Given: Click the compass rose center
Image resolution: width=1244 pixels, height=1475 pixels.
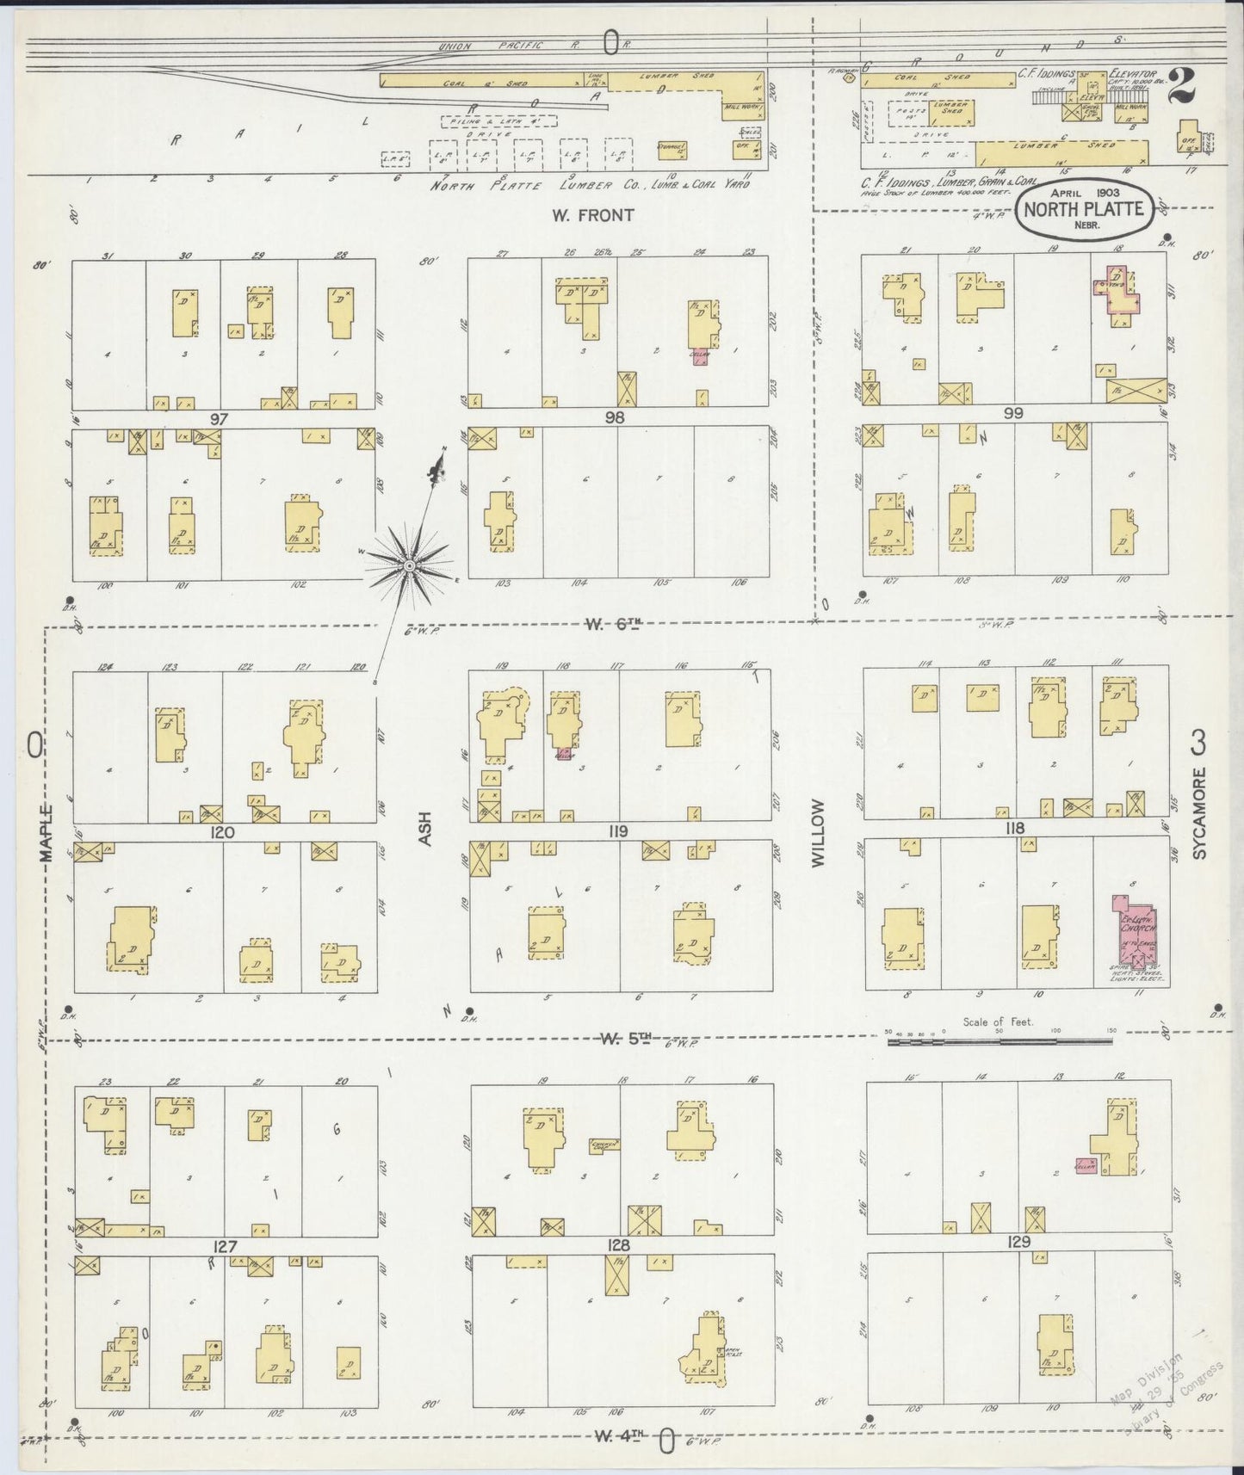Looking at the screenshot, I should point(409,565).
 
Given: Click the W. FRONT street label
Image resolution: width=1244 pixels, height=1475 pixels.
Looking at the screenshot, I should point(592,214).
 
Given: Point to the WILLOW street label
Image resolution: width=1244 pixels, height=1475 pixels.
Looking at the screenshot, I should point(819,832).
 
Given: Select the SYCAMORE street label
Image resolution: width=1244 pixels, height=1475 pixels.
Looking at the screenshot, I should point(1200,813).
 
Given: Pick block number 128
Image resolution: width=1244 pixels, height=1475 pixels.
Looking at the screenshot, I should point(618,1245).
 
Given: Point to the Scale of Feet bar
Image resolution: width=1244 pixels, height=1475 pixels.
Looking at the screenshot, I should point(999,1041).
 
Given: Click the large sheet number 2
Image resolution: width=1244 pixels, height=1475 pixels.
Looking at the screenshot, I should point(1184,85).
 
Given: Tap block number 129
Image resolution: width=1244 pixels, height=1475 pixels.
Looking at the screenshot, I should point(1018,1243).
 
